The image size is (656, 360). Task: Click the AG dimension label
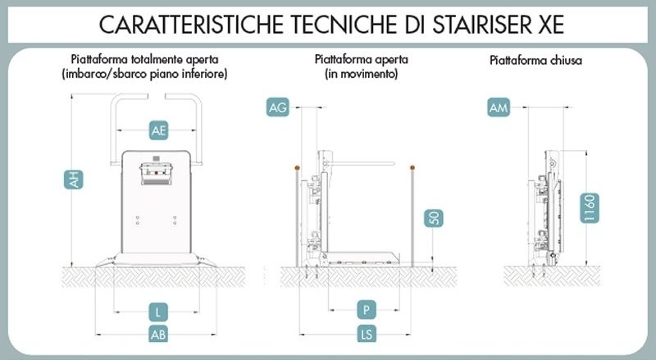click(278, 107)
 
